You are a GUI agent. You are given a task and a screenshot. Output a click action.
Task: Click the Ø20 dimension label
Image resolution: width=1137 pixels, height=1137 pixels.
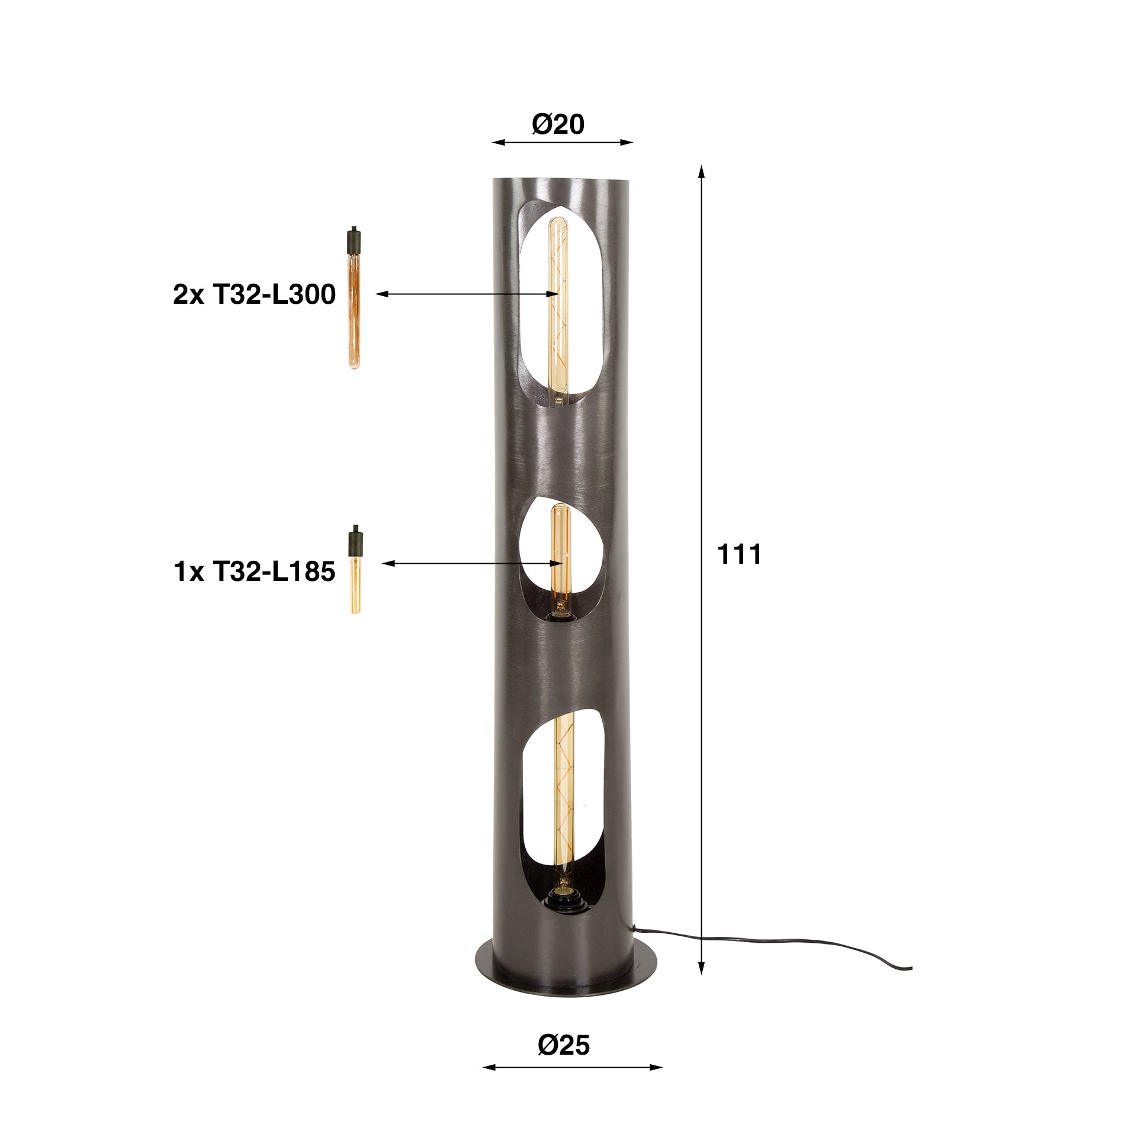pos(558,124)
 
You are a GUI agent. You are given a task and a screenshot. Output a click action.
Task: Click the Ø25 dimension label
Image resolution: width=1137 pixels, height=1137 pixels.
pos(564,1045)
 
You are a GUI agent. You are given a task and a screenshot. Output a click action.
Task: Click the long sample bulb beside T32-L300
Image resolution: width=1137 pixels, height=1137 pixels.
pos(354,302)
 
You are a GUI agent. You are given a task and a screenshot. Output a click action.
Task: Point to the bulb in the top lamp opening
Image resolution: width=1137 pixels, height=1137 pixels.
pos(557,308)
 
